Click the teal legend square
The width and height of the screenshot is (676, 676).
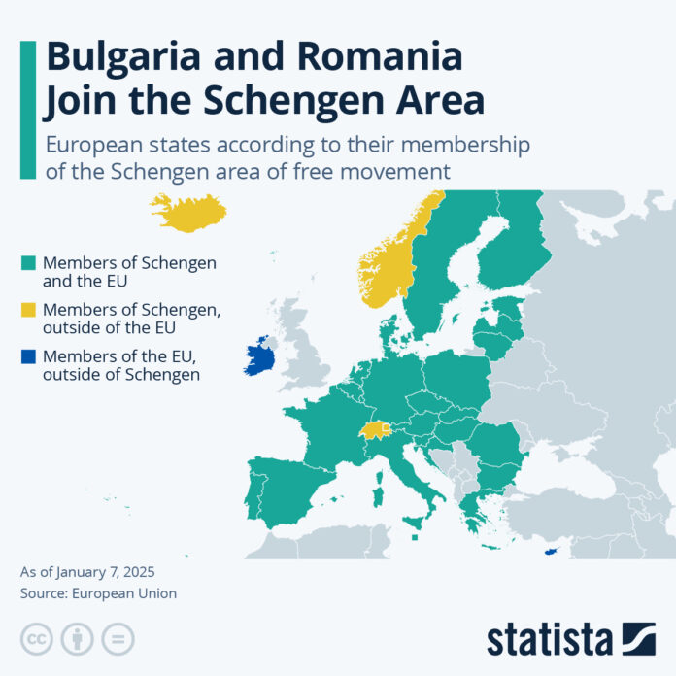(x=28, y=263)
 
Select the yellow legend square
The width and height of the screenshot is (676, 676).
(x=28, y=309)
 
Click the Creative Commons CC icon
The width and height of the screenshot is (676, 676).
(x=36, y=638)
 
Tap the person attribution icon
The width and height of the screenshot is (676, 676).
(x=77, y=638)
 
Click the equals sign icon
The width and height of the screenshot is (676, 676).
(x=118, y=638)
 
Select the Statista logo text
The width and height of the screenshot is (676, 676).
(x=550, y=638)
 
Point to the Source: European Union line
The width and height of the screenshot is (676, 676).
(x=98, y=592)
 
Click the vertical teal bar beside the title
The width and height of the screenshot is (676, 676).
(x=27, y=109)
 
